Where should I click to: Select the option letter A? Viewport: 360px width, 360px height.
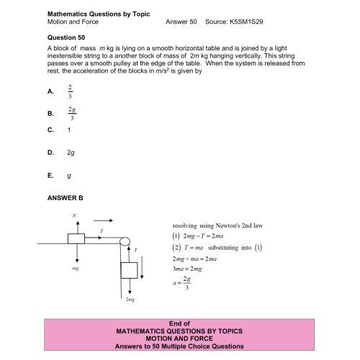coord(50,92)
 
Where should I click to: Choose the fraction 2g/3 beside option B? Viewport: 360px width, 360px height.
coord(71,113)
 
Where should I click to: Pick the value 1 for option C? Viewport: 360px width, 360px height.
coord(69,130)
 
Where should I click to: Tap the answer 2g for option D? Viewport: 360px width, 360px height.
coord(71,153)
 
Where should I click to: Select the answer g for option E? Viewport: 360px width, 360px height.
coord(69,175)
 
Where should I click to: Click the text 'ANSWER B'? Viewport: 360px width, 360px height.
coord(66,197)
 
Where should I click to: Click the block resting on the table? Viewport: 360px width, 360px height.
coord(76,240)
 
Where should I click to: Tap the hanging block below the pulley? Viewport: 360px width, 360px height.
coord(129,271)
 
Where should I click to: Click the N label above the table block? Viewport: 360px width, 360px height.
coord(74,215)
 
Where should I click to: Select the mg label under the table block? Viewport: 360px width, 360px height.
coord(75,268)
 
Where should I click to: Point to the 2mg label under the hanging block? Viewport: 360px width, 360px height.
coord(130,298)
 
